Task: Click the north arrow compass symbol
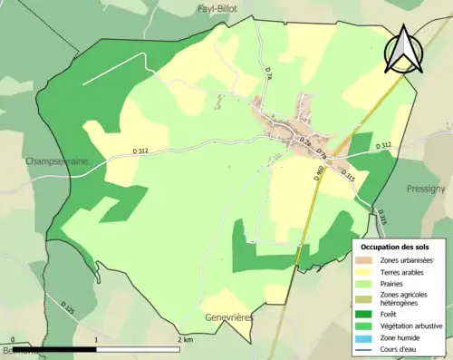coord(403,49)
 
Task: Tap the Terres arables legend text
coord(405,272)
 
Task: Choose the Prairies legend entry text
coord(396,284)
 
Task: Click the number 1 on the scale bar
coord(95,339)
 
